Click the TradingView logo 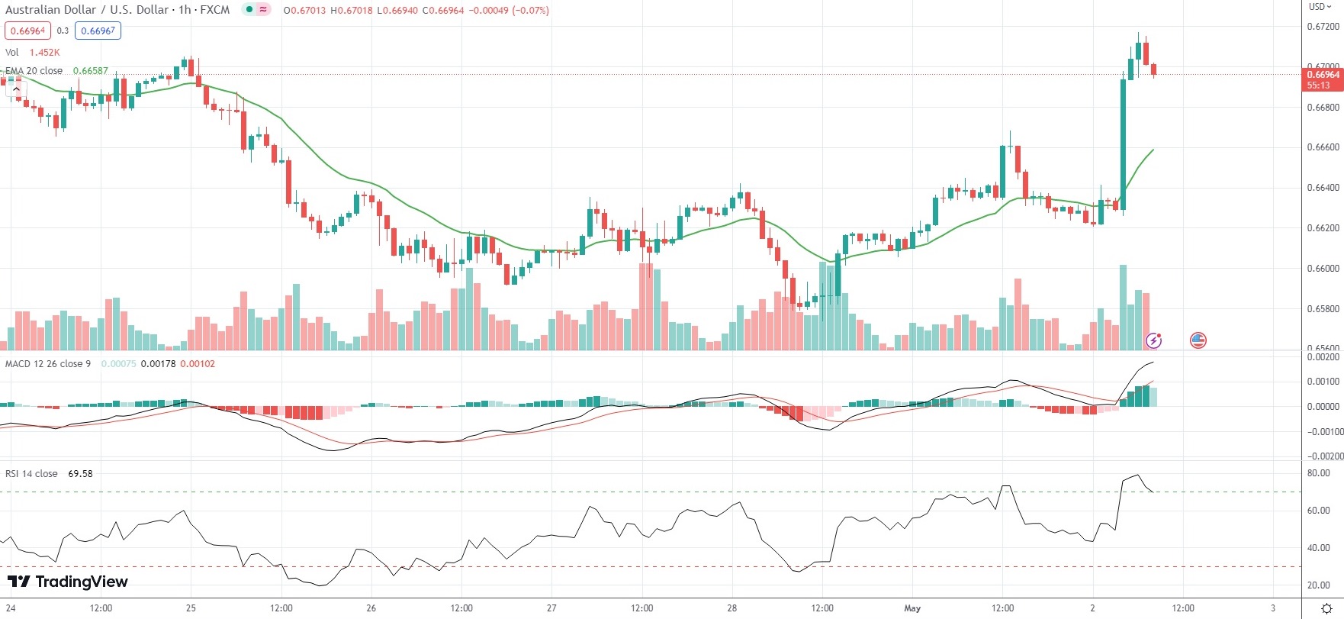[x=68, y=582]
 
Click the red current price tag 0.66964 [x=1323, y=75]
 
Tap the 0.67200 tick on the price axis [x=1323, y=27]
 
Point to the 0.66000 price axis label [x=1323, y=269]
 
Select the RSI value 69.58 [x=80, y=474]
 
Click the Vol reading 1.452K [x=44, y=53]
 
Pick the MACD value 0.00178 [x=159, y=364]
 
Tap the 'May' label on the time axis [x=912, y=608]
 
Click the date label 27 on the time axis [x=551, y=608]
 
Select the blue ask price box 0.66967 [x=98, y=31]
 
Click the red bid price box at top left [x=27, y=31]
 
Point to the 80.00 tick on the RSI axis [x=1318, y=473]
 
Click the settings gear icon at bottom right [x=1326, y=608]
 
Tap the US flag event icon [x=1198, y=340]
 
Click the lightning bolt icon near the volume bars [x=1154, y=340]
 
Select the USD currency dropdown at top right [x=1320, y=7]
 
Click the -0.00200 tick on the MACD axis [x=1323, y=456]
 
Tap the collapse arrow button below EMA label [x=16, y=89]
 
